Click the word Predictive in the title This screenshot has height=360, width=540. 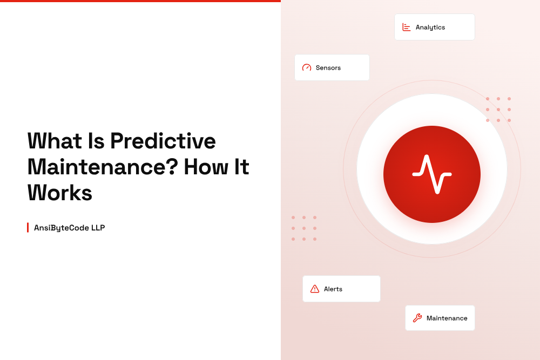163,141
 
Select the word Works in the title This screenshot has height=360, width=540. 60,193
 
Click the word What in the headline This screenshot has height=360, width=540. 55,141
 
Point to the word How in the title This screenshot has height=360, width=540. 206,167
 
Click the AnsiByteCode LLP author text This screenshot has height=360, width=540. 69,228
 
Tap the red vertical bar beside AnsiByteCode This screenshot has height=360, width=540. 28,227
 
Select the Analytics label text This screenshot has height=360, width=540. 430,28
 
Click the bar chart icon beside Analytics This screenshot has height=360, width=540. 407,27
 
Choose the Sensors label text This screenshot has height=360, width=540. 328,68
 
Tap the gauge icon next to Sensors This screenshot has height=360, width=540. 307,67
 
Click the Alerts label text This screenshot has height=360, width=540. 333,289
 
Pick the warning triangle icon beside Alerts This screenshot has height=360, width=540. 315,289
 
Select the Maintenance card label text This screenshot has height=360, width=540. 447,318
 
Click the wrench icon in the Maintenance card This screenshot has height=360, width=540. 417,318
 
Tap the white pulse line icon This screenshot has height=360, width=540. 432,174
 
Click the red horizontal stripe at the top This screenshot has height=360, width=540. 140,1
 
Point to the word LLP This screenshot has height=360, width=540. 98,228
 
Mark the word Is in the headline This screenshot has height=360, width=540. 96,141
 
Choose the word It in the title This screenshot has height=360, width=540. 241,167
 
